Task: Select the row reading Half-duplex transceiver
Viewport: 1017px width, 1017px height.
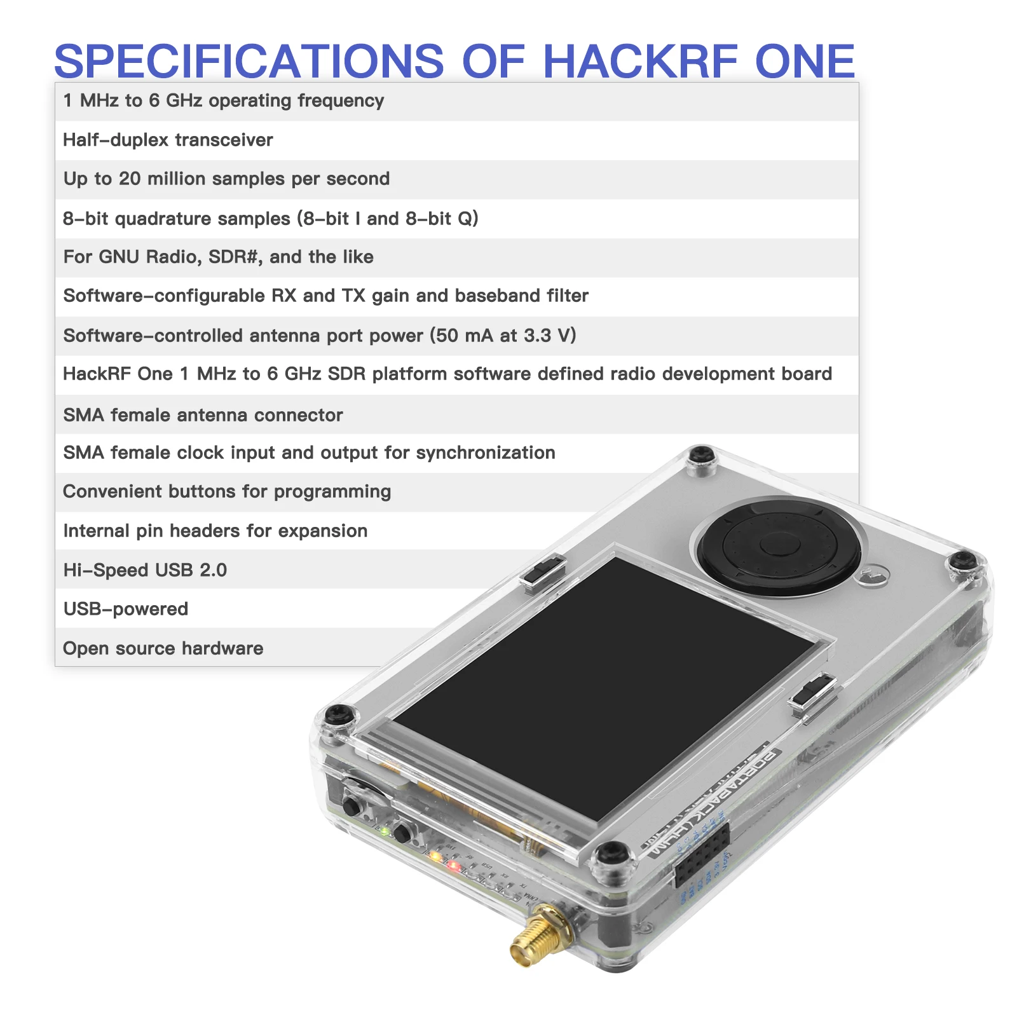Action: (168, 140)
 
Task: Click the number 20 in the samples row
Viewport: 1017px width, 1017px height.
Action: (130, 179)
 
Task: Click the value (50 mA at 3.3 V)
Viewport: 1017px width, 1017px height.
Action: (503, 335)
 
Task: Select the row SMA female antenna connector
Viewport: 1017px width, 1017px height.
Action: (203, 415)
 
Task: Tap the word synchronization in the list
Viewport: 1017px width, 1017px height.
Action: (486, 453)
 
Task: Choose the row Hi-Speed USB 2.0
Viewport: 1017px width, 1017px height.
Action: (145, 570)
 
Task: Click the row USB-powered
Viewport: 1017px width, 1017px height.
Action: (126, 609)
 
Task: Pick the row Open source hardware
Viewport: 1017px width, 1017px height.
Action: (163, 648)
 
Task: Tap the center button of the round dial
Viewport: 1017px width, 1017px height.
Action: (779, 545)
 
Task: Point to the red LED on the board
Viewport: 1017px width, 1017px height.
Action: (453, 865)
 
